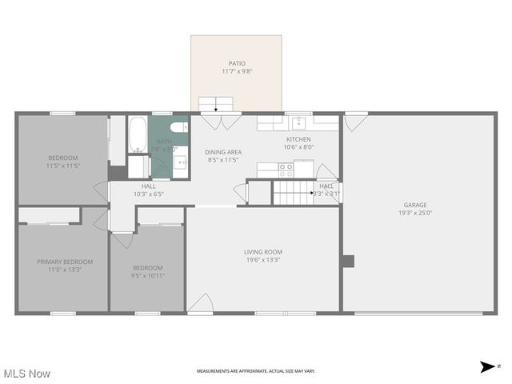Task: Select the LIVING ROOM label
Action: (x=262, y=252)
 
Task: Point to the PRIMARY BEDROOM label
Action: (x=64, y=262)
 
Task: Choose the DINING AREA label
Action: (x=223, y=152)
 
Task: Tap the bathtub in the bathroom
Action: (x=138, y=135)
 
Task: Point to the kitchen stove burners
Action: (x=285, y=169)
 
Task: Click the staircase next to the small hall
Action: (x=293, y=192)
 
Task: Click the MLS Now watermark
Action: (x=27, y=374)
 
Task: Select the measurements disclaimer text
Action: (x=256, y=371)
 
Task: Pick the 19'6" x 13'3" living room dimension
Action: (x=262, y=260)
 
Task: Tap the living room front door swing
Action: (x=200, y=304)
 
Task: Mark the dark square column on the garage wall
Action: (x=347, y=261)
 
